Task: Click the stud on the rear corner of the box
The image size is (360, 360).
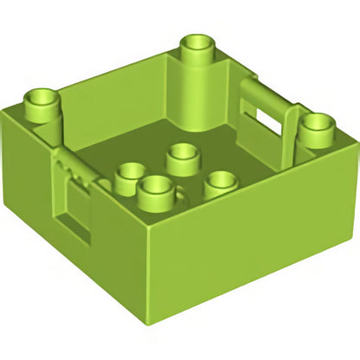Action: point(199,48)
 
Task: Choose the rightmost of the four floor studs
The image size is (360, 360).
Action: point(221,183)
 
